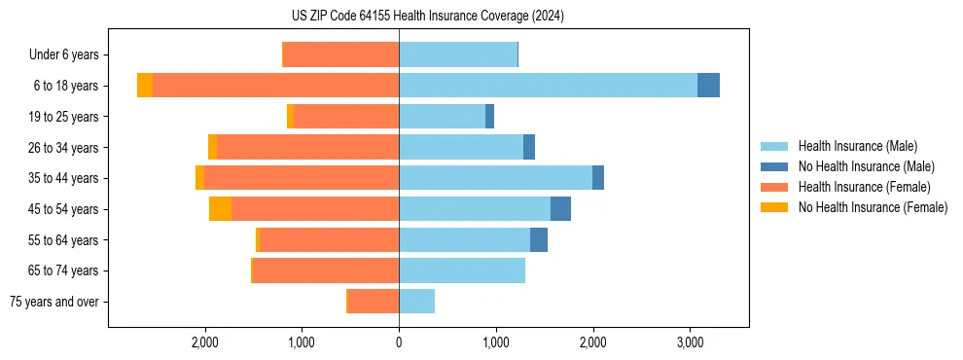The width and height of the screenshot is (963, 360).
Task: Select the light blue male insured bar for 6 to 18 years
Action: click(548, 86)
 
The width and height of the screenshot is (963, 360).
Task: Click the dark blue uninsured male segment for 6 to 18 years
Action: click(708, 86)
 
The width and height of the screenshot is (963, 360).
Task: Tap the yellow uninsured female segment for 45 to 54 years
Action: click(220, 209)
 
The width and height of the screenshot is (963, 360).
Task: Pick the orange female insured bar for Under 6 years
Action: click(340, 55)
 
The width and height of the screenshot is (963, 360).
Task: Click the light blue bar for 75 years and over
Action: click(416, 302)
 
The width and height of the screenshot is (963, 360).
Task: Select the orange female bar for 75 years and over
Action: click(374, 302)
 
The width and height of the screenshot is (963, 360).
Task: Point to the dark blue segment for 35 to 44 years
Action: click(598, 178)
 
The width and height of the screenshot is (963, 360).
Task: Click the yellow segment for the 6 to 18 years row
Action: click(145, 86)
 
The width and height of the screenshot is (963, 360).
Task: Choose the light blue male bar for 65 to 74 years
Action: click(462, 270)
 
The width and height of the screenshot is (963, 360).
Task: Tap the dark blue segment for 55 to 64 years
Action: click(539, 240)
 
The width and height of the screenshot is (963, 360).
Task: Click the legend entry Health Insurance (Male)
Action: click(857, 146)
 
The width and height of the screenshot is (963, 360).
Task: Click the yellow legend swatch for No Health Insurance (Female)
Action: click(775, 207)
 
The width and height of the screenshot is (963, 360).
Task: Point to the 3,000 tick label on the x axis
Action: click(690, 342)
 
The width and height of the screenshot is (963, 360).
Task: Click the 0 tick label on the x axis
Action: click(399, 342)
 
